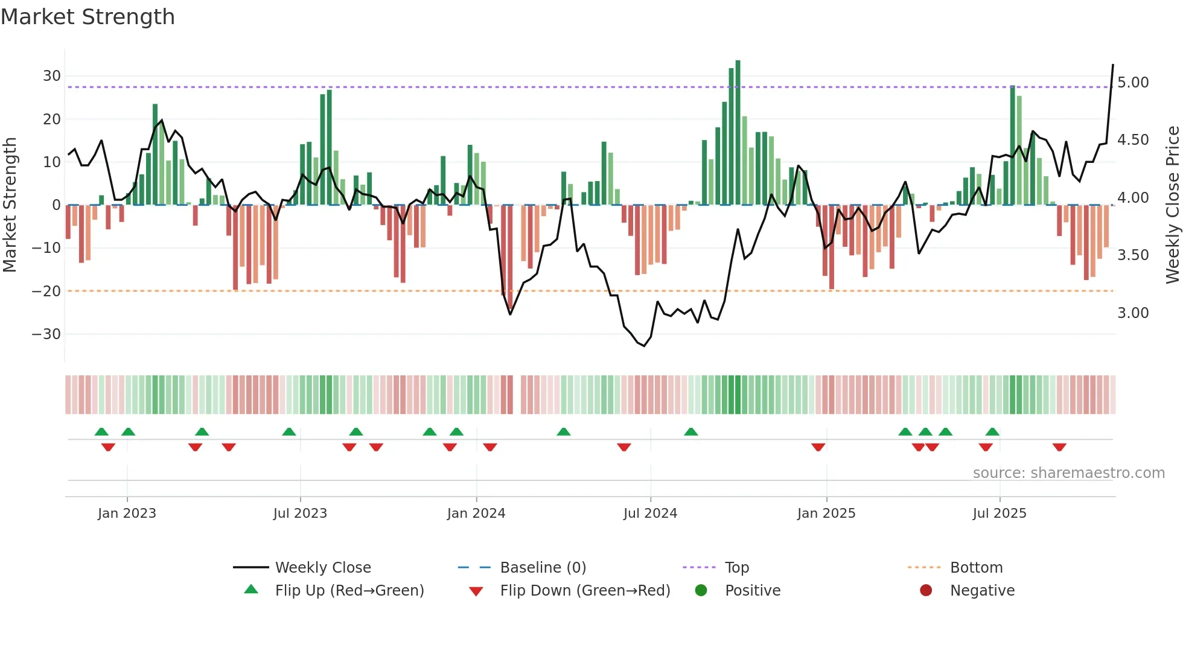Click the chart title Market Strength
click(88, 17)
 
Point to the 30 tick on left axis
click(52, 76)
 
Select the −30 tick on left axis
click(47, 334)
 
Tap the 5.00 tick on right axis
click(1133, 83)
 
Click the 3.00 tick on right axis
click(1133, 313)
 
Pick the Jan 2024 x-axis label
click(476, 514)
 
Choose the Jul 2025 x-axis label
click(1000, 514)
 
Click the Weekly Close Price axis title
click(1172, 205)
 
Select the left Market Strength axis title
click(10, 205)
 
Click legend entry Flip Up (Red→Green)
click(349, 591)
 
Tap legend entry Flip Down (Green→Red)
click(585, 591)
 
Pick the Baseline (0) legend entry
click(543, 568)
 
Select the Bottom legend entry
click(976, 568)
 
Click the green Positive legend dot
click(701, 590)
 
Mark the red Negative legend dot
click(926, 590)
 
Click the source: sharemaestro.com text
click(1068, 473)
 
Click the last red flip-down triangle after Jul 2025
click(1059, 447)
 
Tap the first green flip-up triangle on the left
click(101, 431)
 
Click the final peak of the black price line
click(1113, 65)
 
